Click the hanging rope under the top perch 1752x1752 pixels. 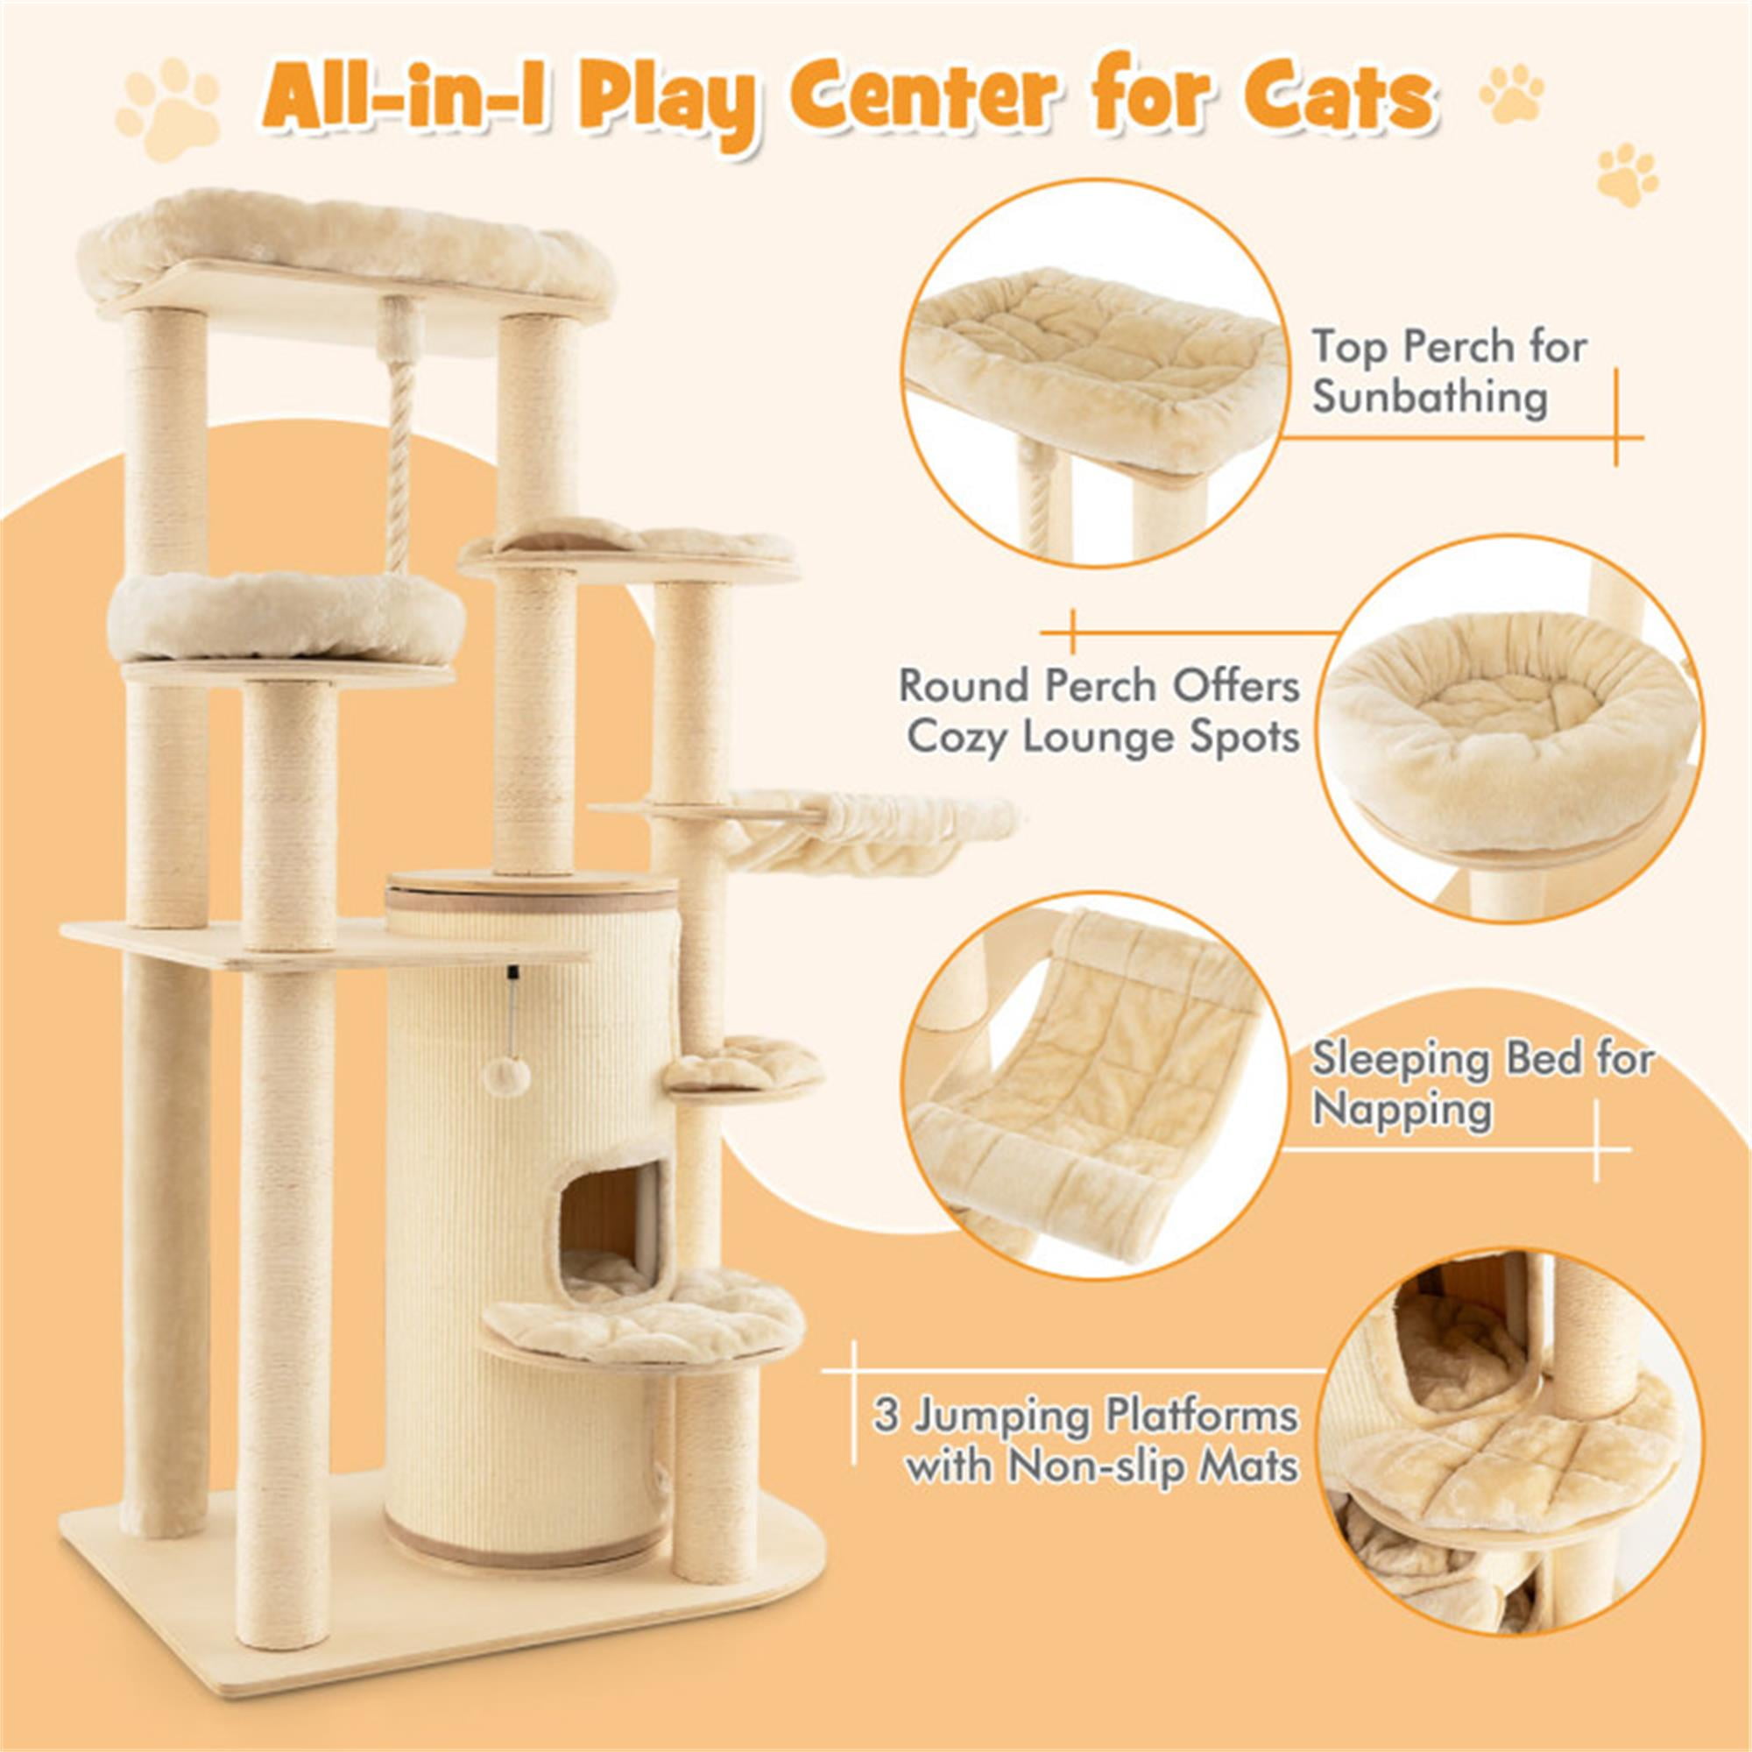(400, 435)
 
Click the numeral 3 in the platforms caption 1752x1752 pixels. (886, 1416)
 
